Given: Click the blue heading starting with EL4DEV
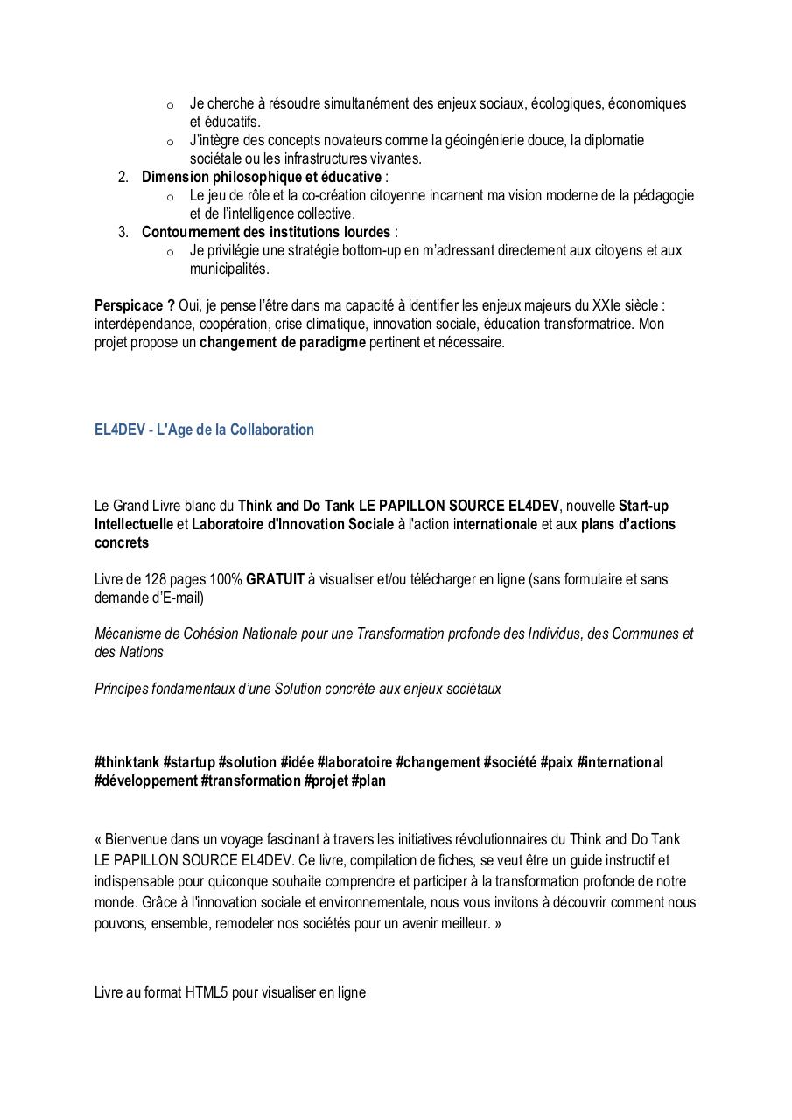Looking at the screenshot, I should pos(204,430).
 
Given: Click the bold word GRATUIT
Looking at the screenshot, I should pos(275,579).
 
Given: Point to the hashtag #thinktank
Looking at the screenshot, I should pos(127,762).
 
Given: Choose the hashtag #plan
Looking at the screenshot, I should pos(368,780).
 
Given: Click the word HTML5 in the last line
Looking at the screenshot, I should pos(207,992).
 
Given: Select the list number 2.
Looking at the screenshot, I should pos(123,178).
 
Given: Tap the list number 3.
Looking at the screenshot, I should pos(123,232).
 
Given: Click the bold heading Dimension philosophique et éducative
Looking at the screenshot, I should pos(262,178).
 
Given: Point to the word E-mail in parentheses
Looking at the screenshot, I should pos(179,598).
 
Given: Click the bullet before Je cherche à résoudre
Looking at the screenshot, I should pos(170,105).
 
